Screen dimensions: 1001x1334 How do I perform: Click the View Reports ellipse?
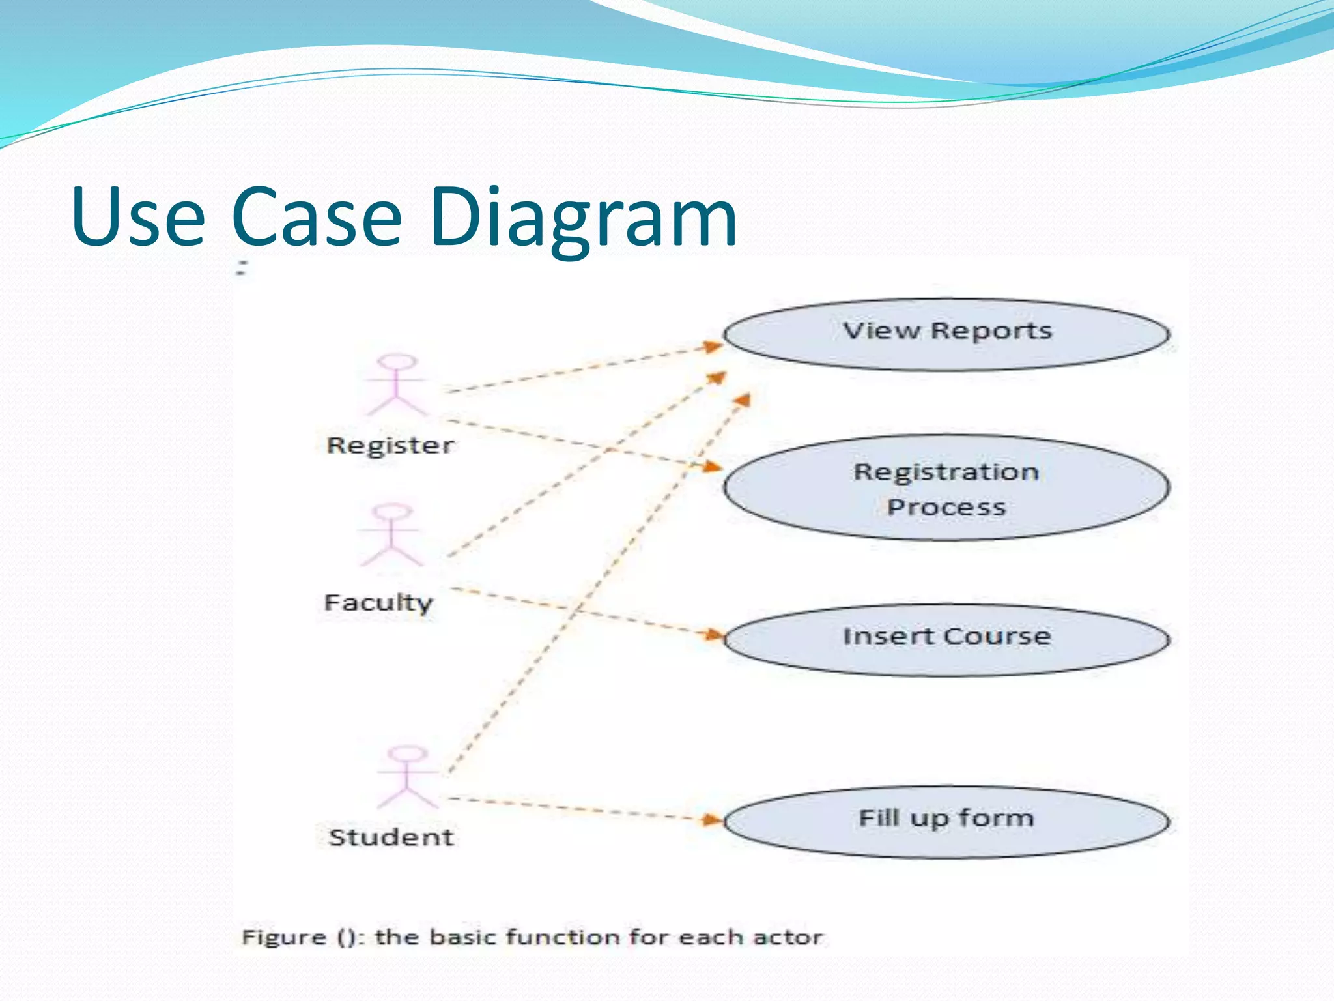pyautogui.click(x=946, y=334)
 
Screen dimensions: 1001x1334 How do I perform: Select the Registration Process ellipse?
pyautogui.click(x=946, y=488)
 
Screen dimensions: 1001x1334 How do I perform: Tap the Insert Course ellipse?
pyautogui.click(x=946, y=639)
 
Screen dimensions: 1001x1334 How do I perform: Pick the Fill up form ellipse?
pyautogui.click(x=946, y=821)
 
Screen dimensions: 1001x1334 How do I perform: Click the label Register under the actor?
pyautogui.click(x=390, y=446)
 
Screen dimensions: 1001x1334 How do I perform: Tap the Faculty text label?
pyautogui.click(x=378, y=602)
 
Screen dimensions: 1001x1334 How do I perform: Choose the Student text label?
pyautogui.click(x=391, y=837)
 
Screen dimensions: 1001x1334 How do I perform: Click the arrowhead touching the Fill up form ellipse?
pyautogui.click(x=714, y=820)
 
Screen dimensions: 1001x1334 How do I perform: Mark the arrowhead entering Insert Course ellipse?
pyautogui.click(x=715, y=634)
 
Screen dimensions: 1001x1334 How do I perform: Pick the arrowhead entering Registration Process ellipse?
pyautogui.click(x=713, y=466)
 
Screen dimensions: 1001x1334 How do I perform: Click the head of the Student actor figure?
pyautogui.click(x=408, y=753)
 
